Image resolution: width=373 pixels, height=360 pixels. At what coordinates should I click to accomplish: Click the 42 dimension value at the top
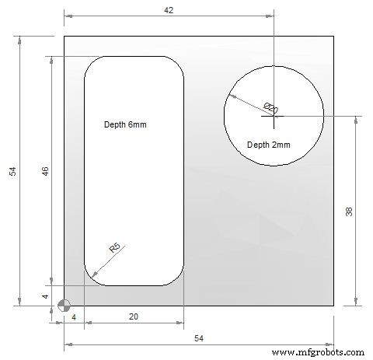tap(169, 10)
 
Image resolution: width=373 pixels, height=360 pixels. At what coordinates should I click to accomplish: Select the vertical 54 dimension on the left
tap(13, 171)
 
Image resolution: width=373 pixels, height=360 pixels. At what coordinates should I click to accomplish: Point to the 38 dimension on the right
tap(349, 211)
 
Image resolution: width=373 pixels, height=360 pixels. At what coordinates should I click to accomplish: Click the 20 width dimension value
tap(133, 317)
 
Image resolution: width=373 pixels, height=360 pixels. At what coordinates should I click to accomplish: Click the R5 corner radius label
tap(114, 249)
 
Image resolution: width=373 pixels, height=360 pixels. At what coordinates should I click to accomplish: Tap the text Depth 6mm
tap(125, 124)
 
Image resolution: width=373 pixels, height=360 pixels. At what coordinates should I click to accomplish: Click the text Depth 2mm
tap(268, 145)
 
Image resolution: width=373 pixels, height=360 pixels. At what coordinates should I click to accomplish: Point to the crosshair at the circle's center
tap(274, 116)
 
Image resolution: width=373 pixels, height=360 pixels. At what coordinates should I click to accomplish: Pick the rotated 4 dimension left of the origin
tap(45, 296)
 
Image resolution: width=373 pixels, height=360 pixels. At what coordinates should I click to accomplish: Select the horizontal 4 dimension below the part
tap(74, 317)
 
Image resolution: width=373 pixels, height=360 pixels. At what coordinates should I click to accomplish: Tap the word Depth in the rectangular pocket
tap(116, 124)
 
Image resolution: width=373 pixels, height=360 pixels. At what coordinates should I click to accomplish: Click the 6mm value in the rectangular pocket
tap(138, 124)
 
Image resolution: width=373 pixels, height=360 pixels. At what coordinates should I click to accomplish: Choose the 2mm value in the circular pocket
tap(281, 145)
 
